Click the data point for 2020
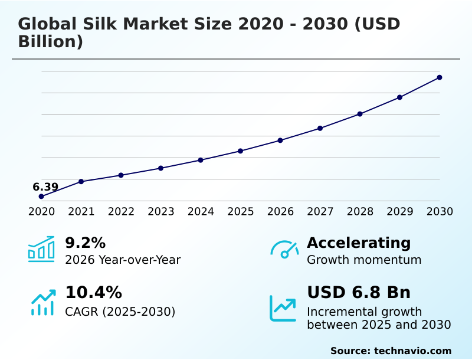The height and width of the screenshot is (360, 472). coord(41,197)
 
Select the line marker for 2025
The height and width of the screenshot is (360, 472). coord(241,151)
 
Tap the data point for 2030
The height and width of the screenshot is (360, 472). coord(440,77)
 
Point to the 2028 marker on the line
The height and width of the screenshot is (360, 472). coord(360,114)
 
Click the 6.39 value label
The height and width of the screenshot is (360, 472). coord(45,187)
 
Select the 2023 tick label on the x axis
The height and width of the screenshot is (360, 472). coord(161,211)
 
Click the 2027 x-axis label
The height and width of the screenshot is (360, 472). coord(320,211)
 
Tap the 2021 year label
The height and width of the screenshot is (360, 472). coord(81,211)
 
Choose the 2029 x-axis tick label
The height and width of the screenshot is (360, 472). coord(400,211)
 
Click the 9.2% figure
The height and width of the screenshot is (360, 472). coord(85,243)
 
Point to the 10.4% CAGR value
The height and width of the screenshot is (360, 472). coord(93,293)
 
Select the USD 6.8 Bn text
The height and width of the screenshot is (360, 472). coord(359,293)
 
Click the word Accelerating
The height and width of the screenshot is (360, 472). coord(359,243)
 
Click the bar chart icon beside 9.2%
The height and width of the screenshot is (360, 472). coord(41,249)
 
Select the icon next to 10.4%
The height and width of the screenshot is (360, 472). coord(42,302)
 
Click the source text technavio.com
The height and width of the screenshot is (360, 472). coord(412,351)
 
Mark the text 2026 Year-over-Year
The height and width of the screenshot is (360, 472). coord(123,260)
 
